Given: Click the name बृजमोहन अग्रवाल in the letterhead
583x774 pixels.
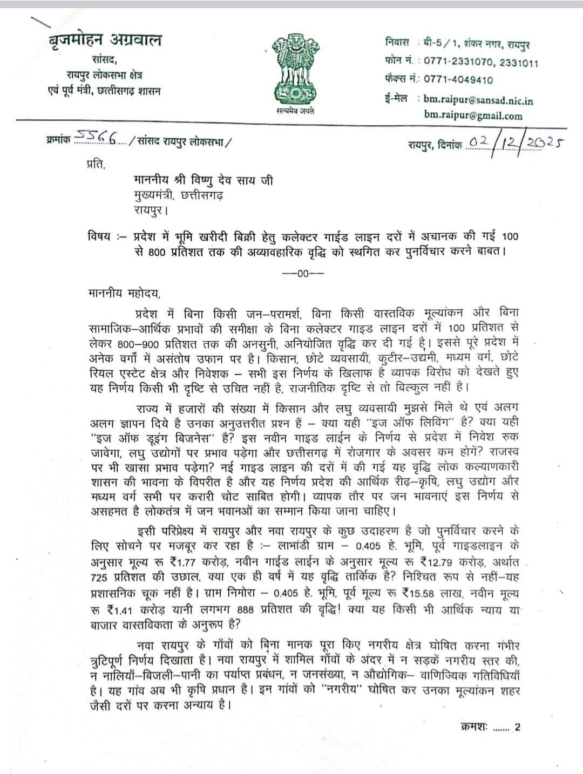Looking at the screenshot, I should coord(104,40).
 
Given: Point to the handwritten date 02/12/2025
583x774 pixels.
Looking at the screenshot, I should coord(516,142).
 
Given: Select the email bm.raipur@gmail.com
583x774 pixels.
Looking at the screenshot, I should coord(473,116).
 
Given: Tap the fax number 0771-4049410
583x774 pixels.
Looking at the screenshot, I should coord(458,80).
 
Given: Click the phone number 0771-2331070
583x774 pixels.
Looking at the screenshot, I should coord(458,62).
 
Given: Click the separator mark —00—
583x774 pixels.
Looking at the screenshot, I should coord(303,273).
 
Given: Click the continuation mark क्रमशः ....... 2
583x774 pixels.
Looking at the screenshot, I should coord(491,727).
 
